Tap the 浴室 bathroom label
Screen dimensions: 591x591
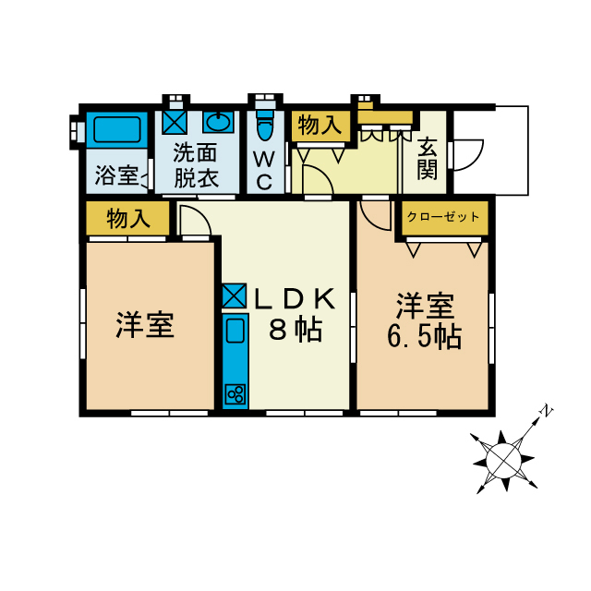[x=116, y=175]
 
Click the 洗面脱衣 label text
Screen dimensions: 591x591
[x=196, y=164]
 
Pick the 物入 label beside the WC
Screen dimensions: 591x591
[x=320, y=126]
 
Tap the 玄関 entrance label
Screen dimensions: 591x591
[x=427, y=158]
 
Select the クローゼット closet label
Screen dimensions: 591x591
[x=443, y=217]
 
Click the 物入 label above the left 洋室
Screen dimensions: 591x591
[x=128, y=219]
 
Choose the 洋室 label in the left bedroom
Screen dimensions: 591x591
[x=145, y=324]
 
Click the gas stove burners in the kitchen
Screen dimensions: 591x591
[x=234, y=394]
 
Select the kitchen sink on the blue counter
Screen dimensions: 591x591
[x=234, y=331]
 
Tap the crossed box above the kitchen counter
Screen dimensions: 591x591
[x=233, y=295]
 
